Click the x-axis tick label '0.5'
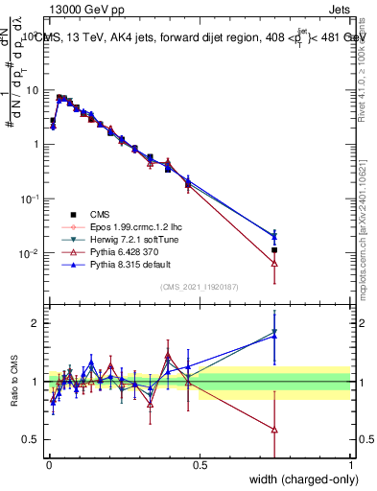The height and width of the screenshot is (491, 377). click(199, 464)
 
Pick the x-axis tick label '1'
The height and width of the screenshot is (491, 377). click(350, 464)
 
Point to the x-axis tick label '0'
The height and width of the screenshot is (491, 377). click(48, 464)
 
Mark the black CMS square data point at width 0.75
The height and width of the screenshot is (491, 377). click(274, 250)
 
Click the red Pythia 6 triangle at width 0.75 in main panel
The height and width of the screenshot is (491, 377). click(274, 263)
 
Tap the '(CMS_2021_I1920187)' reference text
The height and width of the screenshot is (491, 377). click(199, 288)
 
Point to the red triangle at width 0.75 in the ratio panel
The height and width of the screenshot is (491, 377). click(274, 430)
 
